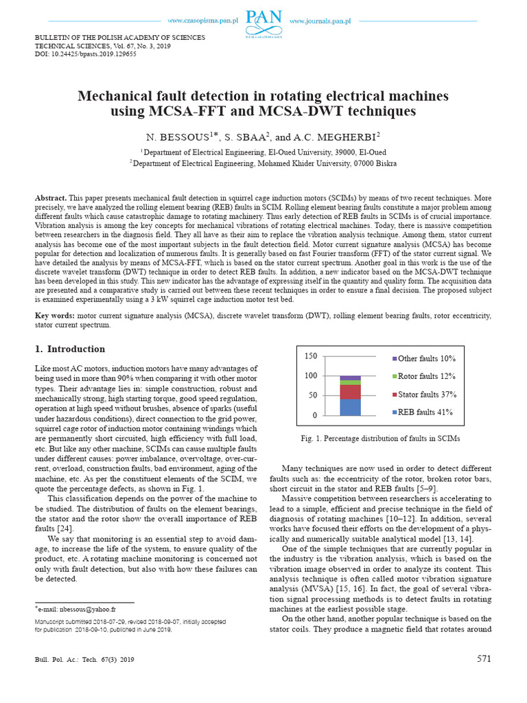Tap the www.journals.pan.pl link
(320, 21)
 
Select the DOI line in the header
(85, 54)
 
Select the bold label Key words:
(55, 315)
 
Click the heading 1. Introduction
(70, 349)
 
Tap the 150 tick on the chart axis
(310, 356)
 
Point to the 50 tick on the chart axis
(312, 395)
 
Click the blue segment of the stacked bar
(350, 407)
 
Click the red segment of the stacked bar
(350, 391)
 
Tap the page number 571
(484, 659)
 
